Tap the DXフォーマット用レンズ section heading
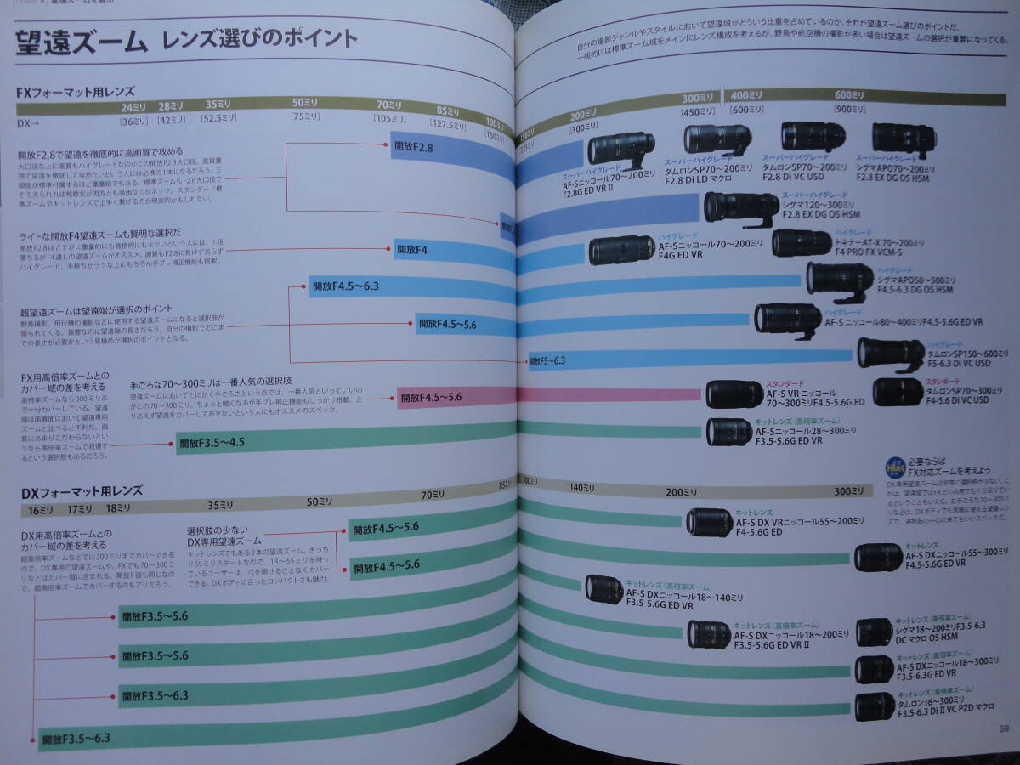82,491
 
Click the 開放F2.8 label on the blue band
413,147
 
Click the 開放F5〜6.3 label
547,361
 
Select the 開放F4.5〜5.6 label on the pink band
431,397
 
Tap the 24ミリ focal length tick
133,106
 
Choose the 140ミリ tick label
582,488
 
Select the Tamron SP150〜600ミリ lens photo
890,353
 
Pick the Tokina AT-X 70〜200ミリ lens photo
802,243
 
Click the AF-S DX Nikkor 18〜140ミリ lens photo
604,589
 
